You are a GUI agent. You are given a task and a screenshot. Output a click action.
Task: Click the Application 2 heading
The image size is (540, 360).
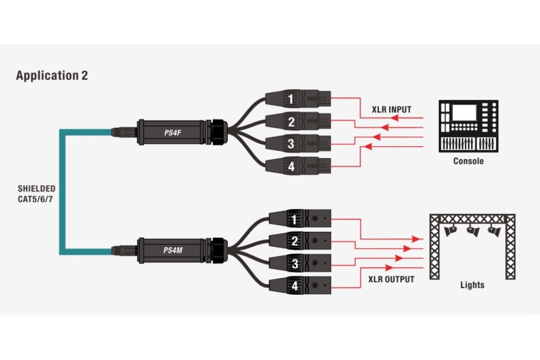coord(52,75)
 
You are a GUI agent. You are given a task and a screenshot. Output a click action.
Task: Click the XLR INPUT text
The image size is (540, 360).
coord(391,109)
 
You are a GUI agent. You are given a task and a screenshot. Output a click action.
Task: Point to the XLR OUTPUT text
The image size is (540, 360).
coord(391,279)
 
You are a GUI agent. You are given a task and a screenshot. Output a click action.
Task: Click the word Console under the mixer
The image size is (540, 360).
coord(468,161)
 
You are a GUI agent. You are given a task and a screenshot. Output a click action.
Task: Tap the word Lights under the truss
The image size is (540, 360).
coord(472,285)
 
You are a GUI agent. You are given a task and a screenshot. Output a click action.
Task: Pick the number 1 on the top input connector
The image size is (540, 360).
coord(292,99)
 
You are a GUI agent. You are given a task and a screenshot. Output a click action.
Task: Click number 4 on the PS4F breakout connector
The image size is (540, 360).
coord(292,166)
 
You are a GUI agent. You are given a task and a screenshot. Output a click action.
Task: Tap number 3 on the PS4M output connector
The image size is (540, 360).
coord(295,263)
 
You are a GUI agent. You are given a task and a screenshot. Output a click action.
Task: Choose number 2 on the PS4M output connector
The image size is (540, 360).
coord(295,241)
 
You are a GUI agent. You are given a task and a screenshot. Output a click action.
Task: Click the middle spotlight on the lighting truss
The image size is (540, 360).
coord(472,231)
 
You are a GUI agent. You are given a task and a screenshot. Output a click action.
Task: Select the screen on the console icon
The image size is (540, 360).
coord(464,112)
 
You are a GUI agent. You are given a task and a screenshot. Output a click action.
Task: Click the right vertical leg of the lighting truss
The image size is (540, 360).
coord(510,247)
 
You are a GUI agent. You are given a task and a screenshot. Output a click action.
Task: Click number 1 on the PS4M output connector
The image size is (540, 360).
coord(295,220)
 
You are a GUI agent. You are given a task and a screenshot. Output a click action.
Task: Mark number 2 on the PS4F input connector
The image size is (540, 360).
coord(292,121)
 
